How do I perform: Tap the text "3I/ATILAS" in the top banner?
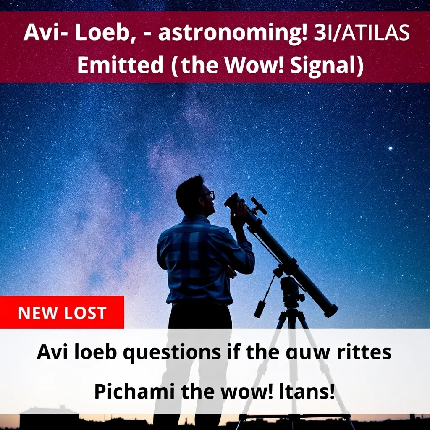362,33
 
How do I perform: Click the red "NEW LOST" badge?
62,312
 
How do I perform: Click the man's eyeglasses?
210,194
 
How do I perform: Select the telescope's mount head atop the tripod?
291,290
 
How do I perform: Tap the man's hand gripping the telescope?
239,212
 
